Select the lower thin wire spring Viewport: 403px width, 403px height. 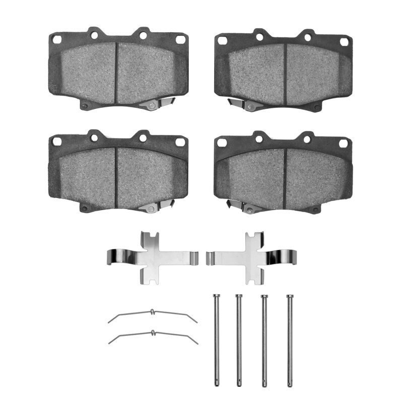153,334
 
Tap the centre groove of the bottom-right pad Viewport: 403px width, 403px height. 285,176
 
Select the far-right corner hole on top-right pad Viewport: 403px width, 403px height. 344,42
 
